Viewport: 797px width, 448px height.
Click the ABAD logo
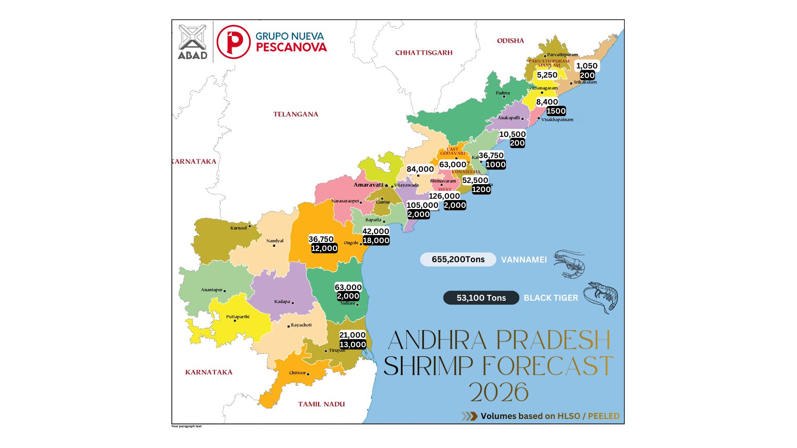click(x=192, y=42)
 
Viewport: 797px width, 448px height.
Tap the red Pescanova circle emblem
click(x=234, y=42)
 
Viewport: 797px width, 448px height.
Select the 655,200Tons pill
click(x=458, y=259)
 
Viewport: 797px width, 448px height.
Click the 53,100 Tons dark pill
click(x=481, y=298)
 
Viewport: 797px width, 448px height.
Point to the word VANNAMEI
click(x=524, y=260)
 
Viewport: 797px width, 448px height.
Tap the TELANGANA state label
click(x=296, y=114)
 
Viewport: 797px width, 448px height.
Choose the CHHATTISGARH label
click(x=424, y=53)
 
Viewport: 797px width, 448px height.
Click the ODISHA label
click(x=510, y=41)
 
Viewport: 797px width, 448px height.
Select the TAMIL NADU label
click(x=321, y=404)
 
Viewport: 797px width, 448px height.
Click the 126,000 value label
click(x=444, y=196)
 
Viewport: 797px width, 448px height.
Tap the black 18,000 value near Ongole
click(x=376, y=241)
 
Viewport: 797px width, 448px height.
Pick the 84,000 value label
click(x=420, y=169)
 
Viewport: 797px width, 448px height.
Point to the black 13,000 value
click(x=353, y=344)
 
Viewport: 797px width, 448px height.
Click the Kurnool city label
click(x=239, y=228)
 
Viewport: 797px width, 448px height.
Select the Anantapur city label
click(x=212, y=290)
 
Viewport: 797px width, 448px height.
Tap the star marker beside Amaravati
click(x=386, y=185)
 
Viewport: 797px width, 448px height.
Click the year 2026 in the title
click(x=499, y=392)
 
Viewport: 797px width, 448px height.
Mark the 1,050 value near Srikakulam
click(x=587, y=66)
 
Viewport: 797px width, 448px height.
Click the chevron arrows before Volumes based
click(x=469, y=416)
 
